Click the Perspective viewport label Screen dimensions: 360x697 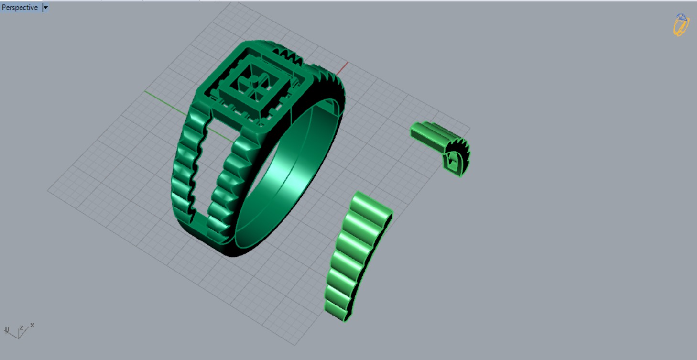(x=20, y=8)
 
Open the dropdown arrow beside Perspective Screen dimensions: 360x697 (x=45, y=8)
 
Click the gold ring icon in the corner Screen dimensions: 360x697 (x=681, y=24)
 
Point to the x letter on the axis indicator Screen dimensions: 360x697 (x=32, y=325)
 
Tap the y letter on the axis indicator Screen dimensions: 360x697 (x=7, y=330)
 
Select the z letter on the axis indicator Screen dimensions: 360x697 (x=21, y=328)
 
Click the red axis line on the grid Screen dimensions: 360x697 (x=343, y=67)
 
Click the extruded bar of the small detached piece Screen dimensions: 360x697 (x=428, y=132)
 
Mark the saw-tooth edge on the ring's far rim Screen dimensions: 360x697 (x=332, y=81)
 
